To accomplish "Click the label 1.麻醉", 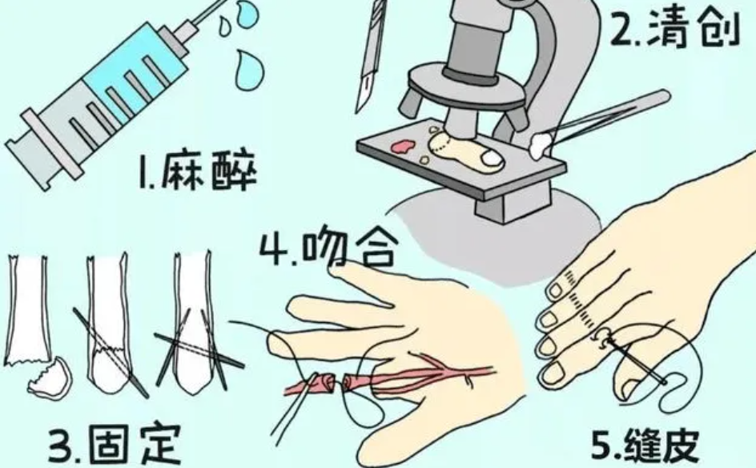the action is pyautogui.click(x=197, y=172).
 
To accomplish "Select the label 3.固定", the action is pyautogui.click(x=115, y=443).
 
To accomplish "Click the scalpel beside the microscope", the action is pyautogui.click(x=372, y=56).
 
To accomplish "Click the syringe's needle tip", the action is pyautogui.click(x=223, y=2).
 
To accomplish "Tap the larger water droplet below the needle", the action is pyautogui.click(x=250, y=71).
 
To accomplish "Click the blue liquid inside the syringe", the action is pyautogui.click(x=135, y=71).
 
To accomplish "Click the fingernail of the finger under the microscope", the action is pyautogui.click(x=491, y=157).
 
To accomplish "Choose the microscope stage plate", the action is pyautogui.click(x=460, y=163).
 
